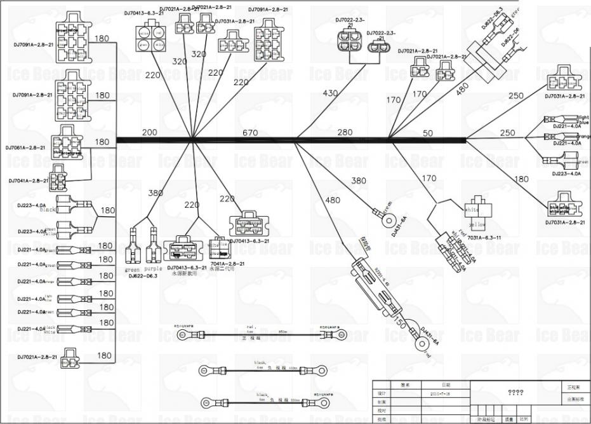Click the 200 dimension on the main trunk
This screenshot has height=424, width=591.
click(x=149, y=132)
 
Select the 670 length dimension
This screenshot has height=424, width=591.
click(x=251, y=133)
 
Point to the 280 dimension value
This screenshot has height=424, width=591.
click(x=345, y=132)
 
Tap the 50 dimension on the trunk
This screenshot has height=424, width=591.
click(x=427, y=133)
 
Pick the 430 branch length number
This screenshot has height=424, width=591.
click(x=330, y=93)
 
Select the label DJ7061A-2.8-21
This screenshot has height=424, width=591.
click(x=25, y=147)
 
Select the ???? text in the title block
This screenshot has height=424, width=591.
click(x=515, y=393)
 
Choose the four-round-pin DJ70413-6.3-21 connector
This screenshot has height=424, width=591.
click(x=150, y=39)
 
